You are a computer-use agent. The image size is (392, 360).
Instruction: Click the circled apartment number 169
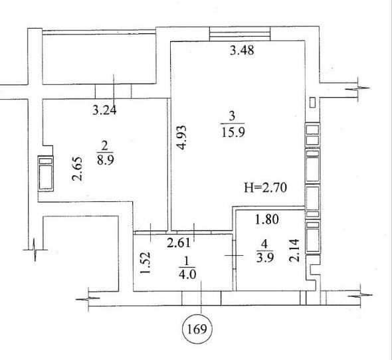(x=197, y=329)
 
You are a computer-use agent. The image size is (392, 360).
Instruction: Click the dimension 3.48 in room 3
(x=242, y=50)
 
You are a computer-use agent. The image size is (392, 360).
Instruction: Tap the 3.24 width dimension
(x=104, y=110)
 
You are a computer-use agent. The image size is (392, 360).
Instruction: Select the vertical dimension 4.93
(x=183, y=137)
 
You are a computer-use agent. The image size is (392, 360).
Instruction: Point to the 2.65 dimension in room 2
(x=77, y=169)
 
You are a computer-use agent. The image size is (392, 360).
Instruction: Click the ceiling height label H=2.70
(x=265, y=187)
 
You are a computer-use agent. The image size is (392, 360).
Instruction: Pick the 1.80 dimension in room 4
(x=266, y=219)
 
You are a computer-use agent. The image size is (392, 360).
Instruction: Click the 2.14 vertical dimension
(x=294, y=250)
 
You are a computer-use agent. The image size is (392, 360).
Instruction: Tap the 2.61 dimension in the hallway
(x=178, y=242)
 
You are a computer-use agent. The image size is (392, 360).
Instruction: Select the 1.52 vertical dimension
(x=146, y=263)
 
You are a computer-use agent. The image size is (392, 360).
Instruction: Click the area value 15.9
(x=233, y=132)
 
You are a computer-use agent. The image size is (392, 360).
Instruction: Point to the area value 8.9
(x=106, y=160)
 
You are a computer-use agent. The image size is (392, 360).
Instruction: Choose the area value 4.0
(x=187, y=274)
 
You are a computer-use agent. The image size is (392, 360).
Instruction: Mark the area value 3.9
(x=264, y=257)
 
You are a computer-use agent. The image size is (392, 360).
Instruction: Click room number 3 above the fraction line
(x=233, y=116)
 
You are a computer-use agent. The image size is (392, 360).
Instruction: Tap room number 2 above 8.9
(x=104, y=145)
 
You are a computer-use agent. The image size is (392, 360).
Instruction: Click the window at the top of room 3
(x=240, y=34)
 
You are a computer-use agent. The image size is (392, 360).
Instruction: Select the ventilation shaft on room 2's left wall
(x=45, y=173)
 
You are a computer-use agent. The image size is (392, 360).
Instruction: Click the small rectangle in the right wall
(x=312, y=102)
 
